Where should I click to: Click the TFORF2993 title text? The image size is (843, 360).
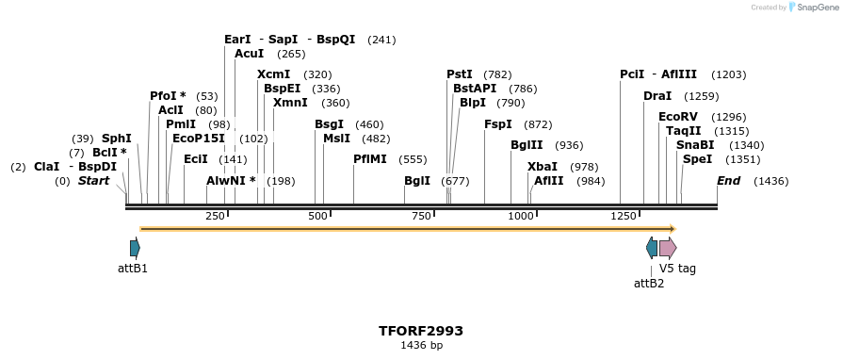tap(421, 331)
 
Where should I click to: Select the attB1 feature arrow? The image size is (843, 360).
tap(135, 248)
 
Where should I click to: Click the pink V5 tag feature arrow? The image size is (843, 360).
tap(667, 248)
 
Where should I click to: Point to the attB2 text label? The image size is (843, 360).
tap(649, 283)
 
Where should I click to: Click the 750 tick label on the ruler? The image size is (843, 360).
tap(420, 216)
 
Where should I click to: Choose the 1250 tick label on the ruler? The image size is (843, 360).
tap(623, 216)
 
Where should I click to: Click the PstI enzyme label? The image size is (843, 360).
tap(460, 74)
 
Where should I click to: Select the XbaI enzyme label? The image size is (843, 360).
tap(542, 167)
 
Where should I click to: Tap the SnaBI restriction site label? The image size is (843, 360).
tap(695, 145)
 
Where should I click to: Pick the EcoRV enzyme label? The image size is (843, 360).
tap(676, 117)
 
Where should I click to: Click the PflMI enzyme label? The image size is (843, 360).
tap(370, 159)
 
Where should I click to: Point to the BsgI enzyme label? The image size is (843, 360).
tap(330, 124)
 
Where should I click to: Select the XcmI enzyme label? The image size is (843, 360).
tap(273, 74)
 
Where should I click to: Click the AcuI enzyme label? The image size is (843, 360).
tap(249, 54)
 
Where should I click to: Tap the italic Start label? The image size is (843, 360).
tap(93, 181)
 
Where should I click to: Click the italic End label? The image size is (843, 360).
tap(728, 181)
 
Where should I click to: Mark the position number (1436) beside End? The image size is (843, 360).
tap(771, 181)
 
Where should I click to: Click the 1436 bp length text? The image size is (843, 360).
tap(421, 346)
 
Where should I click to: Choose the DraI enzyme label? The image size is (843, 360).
tap(657, 96)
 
